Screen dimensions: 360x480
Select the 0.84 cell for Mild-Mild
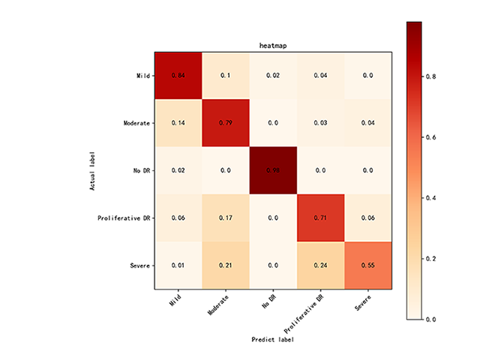point(178,76)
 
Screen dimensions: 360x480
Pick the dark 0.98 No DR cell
point(274,171)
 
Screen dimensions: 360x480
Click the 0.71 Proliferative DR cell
point(321,218)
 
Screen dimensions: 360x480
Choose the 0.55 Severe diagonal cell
point(368,265)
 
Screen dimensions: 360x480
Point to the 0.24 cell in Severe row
point(321,265)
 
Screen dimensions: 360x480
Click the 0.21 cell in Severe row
point(226,265)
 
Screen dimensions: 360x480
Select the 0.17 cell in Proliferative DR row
point(226,218)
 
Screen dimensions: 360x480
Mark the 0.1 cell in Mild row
point(226,76)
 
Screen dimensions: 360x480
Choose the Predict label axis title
point(273,340)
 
